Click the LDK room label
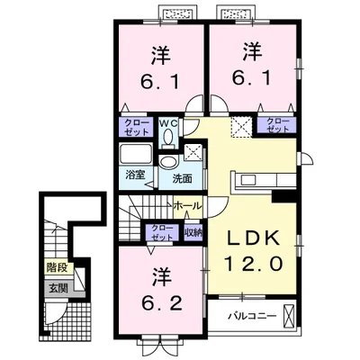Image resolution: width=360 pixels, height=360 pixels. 253,238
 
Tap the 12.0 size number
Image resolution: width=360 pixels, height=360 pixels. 253,265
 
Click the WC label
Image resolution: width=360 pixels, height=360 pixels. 168,122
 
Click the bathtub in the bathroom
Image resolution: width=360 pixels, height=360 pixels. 136,155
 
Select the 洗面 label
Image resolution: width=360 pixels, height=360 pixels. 182,179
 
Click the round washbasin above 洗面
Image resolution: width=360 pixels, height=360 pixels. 167,163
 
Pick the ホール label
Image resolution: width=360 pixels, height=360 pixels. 187,206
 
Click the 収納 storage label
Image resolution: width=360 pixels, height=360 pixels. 193,232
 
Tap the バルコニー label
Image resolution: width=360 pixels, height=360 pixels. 252,316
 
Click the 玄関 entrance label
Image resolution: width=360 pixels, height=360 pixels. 58,288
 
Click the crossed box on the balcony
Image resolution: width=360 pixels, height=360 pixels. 289,315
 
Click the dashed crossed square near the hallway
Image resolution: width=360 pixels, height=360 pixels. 241,126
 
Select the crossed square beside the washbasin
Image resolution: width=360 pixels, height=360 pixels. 193,152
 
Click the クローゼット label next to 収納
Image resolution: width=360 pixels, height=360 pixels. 162,232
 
